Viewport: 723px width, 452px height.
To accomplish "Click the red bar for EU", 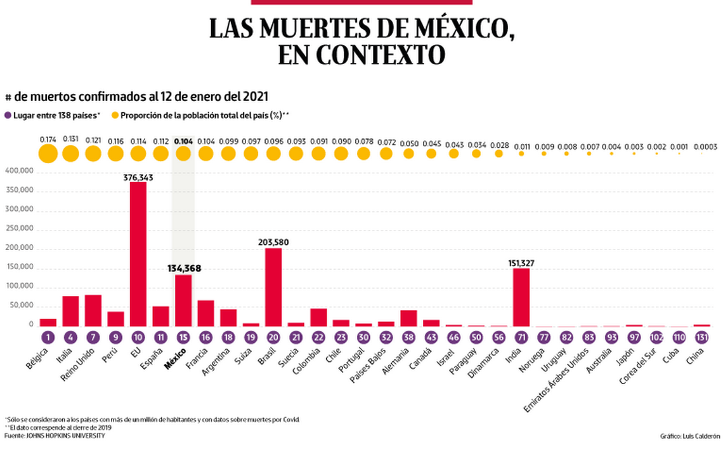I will point(138,254).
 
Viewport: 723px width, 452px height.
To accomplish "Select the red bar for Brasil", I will point(273,287).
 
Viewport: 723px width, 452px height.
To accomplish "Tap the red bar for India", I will point(521,297).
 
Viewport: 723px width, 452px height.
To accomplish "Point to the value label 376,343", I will point(138,178).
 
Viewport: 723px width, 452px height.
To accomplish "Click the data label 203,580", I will point(273,242).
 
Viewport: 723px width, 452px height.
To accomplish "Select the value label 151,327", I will point(521,262).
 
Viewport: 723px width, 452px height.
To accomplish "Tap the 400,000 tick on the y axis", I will point(19,171).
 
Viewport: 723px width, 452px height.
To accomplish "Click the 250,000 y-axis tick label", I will point(19,229).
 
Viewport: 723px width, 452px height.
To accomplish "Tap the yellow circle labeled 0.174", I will point(48,154).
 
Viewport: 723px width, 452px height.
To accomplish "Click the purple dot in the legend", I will point(8,116).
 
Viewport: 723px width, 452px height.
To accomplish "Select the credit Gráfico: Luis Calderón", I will point(690,436).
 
